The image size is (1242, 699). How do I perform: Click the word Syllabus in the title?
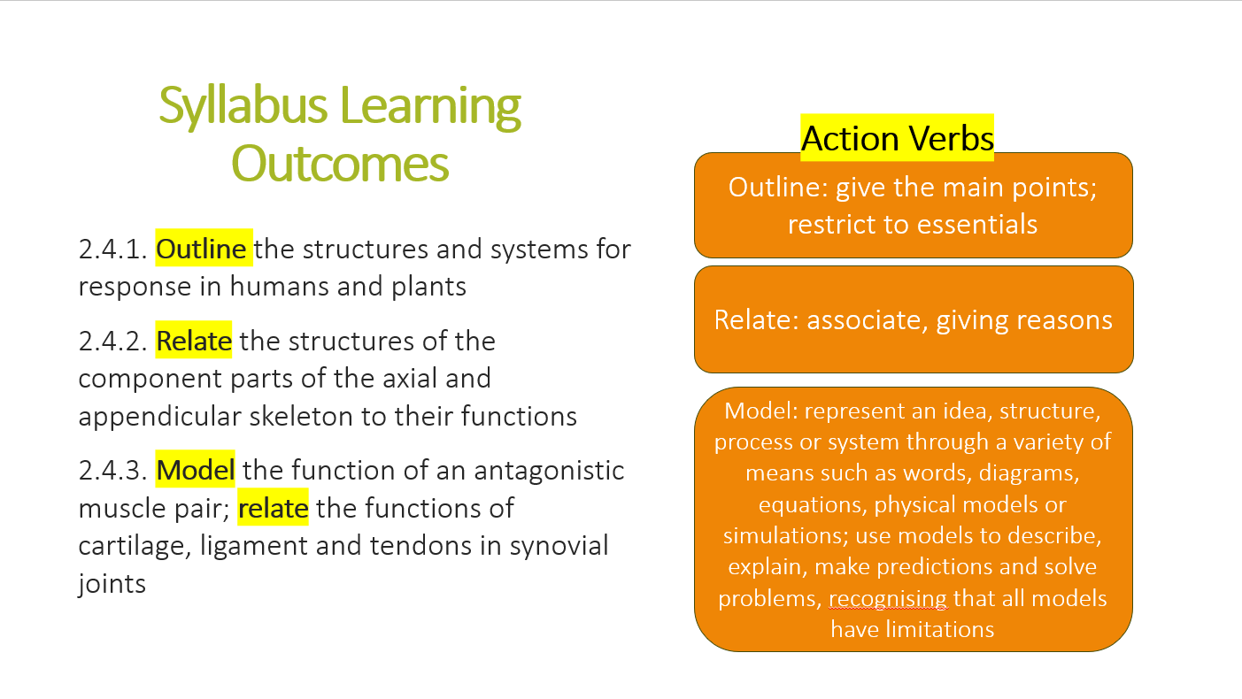(243, 106)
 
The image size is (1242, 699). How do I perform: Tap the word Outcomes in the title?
(339, 164)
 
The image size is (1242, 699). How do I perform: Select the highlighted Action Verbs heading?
(897, 138)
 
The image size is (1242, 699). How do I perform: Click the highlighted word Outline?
(201, 249)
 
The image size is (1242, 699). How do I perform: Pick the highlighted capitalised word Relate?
(194, 341)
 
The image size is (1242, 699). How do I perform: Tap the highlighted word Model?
(195, 470)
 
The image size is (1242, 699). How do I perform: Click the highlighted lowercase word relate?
(273, 508)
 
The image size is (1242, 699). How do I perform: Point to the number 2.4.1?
(112, 249)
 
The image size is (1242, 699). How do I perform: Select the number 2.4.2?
(112, 341)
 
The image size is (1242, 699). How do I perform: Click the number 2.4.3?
(112, 470)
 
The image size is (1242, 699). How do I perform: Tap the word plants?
(428, 288)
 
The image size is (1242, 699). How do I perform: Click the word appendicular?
(159, 417)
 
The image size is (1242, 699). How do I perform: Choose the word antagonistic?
(549, 471)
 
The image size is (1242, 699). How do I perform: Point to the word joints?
(112, 584)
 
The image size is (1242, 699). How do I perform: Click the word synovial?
(559, 546)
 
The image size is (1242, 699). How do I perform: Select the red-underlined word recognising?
(888, 599)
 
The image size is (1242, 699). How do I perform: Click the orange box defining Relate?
(914, 319)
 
